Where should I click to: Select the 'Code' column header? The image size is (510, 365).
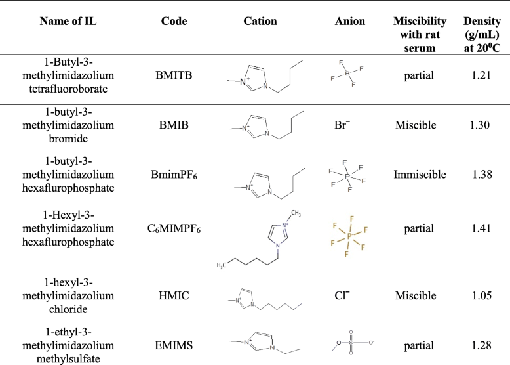click(x=174, y=22)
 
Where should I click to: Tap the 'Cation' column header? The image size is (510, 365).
click(x=260, y=22)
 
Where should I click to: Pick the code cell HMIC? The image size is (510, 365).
click(x=174, y=296)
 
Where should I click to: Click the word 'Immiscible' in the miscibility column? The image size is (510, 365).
click(x=420, y=175)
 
